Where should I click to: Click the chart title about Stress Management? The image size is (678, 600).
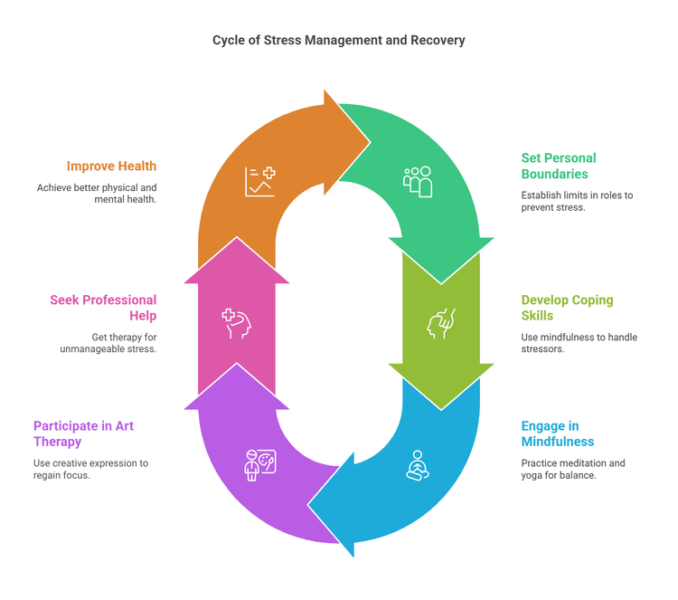tap(339, 40)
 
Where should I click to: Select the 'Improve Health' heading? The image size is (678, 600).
tap(111, 166)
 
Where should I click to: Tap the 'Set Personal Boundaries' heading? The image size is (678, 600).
tap(559, 166)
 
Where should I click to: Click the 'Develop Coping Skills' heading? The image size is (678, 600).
tap(567, 308)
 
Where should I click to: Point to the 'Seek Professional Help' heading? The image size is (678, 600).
tap(103, 308)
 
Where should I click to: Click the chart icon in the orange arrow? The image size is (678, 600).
tap(259, 181)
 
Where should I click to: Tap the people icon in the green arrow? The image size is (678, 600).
tap(417, 181)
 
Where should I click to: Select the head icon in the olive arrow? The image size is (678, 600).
tap(441, 323)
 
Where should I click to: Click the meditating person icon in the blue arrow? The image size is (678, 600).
tap(417, 465)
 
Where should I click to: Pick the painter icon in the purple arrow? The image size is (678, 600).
tap(259, 465)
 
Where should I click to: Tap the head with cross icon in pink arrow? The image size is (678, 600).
tap(236, 323)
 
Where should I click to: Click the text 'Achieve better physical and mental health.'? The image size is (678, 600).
tap(97, 194)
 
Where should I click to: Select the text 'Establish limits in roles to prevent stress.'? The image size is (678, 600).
tap(579, 201)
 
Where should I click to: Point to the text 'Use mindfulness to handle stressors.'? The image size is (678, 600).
tap(579, 343)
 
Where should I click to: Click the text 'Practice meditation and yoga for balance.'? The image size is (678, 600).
tap(572, 469)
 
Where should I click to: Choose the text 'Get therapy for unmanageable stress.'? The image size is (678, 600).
tap(112, 343)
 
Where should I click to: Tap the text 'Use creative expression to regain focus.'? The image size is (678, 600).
tap(91, 469)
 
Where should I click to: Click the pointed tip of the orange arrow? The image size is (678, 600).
tap(370, 141)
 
